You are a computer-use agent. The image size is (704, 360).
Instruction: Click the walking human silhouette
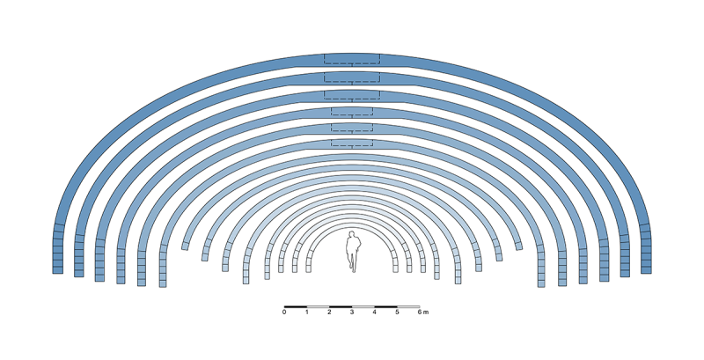click(353, 252)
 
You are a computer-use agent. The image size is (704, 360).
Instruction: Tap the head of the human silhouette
click(353, 234)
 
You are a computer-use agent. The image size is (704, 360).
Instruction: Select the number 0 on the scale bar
click(284, 312)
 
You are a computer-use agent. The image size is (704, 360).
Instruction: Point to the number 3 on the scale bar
click(352, 312)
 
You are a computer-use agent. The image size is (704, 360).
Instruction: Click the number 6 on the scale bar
click(420, 312)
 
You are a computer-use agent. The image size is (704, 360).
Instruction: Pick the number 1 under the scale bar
click(306, 312)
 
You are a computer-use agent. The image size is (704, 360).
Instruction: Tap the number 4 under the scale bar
click(375, 312)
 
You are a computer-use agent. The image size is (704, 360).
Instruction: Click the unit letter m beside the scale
click(426, 312)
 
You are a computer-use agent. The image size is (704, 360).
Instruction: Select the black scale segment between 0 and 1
click(296, 306)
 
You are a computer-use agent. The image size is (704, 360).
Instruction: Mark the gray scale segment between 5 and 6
click(408, 306)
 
